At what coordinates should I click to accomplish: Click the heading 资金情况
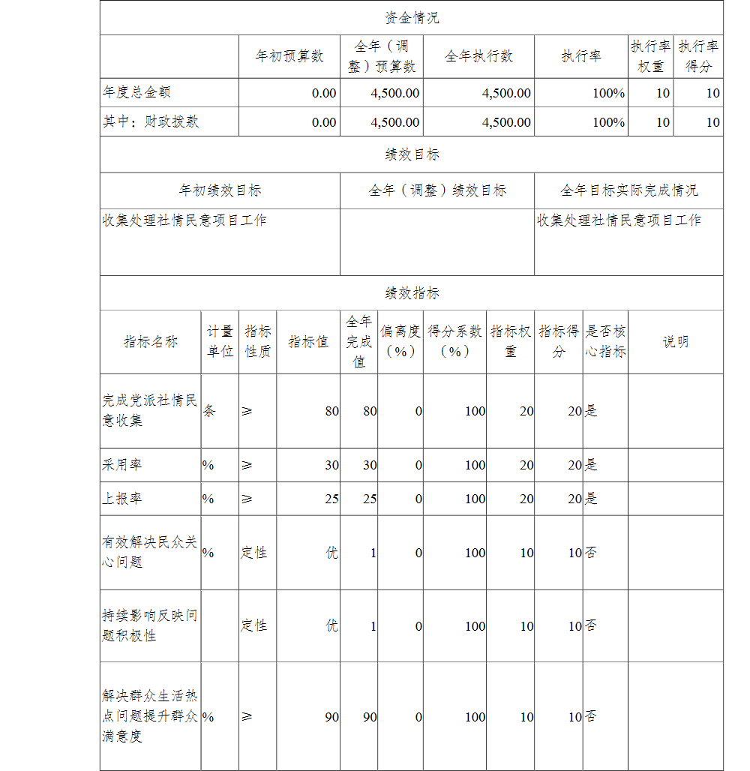coord(412,18)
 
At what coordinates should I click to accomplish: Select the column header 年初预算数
coord(289,56)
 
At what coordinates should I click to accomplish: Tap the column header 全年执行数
coord(478,56)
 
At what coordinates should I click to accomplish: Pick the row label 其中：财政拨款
coord(151,121)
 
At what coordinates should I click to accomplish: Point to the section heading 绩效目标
coord(412,154)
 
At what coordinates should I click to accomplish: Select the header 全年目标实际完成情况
coord(628,190)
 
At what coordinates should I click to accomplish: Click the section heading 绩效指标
coord(412,293)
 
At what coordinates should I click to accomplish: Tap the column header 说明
coord(675,342)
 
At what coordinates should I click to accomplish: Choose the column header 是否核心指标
coord(605,342)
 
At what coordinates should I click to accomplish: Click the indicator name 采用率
coord(121,465)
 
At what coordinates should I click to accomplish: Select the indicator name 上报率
coord(121,499)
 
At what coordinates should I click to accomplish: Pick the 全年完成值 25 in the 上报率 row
coord(369,499)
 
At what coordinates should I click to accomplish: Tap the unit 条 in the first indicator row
coord(209,411)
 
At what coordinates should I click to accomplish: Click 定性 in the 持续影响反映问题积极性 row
coord(254,625)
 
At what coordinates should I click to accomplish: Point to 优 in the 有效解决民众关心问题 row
coord(331,553)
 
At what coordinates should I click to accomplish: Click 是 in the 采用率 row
coord(591,465)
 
